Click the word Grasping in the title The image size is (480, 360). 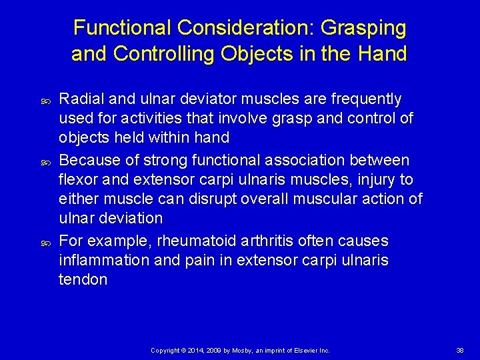363,28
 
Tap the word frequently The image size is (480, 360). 363,99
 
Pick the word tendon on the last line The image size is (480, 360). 83,279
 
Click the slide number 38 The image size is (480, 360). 459,350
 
